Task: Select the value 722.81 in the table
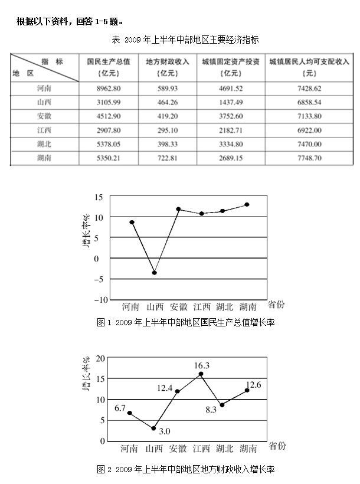click(167, 158)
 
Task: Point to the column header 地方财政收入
click(167, 61)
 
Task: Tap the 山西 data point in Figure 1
click(155, 273)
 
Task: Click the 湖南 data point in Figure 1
click(247, 204)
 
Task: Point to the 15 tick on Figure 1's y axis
click(97, 197)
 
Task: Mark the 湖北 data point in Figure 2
click(221, 405)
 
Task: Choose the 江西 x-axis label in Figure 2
click(202, 449)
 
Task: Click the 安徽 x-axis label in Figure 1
click(179, 307)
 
